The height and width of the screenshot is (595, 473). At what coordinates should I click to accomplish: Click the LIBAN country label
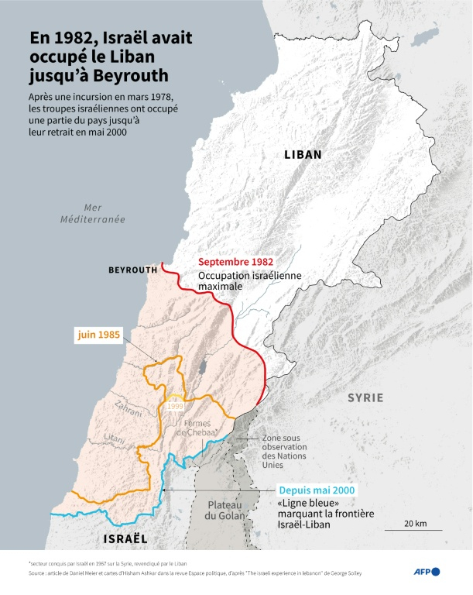[x=303, y=155]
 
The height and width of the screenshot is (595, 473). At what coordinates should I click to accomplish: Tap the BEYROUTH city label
[x=132, y=270]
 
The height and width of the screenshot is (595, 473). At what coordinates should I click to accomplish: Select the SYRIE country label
[x=365, y=397]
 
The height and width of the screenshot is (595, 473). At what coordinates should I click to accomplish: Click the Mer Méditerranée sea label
[x=93, y=213]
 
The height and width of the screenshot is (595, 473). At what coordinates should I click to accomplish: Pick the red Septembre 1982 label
[x=236, y=262]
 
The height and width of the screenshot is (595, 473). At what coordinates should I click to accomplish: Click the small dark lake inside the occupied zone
[x=202, y=364]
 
